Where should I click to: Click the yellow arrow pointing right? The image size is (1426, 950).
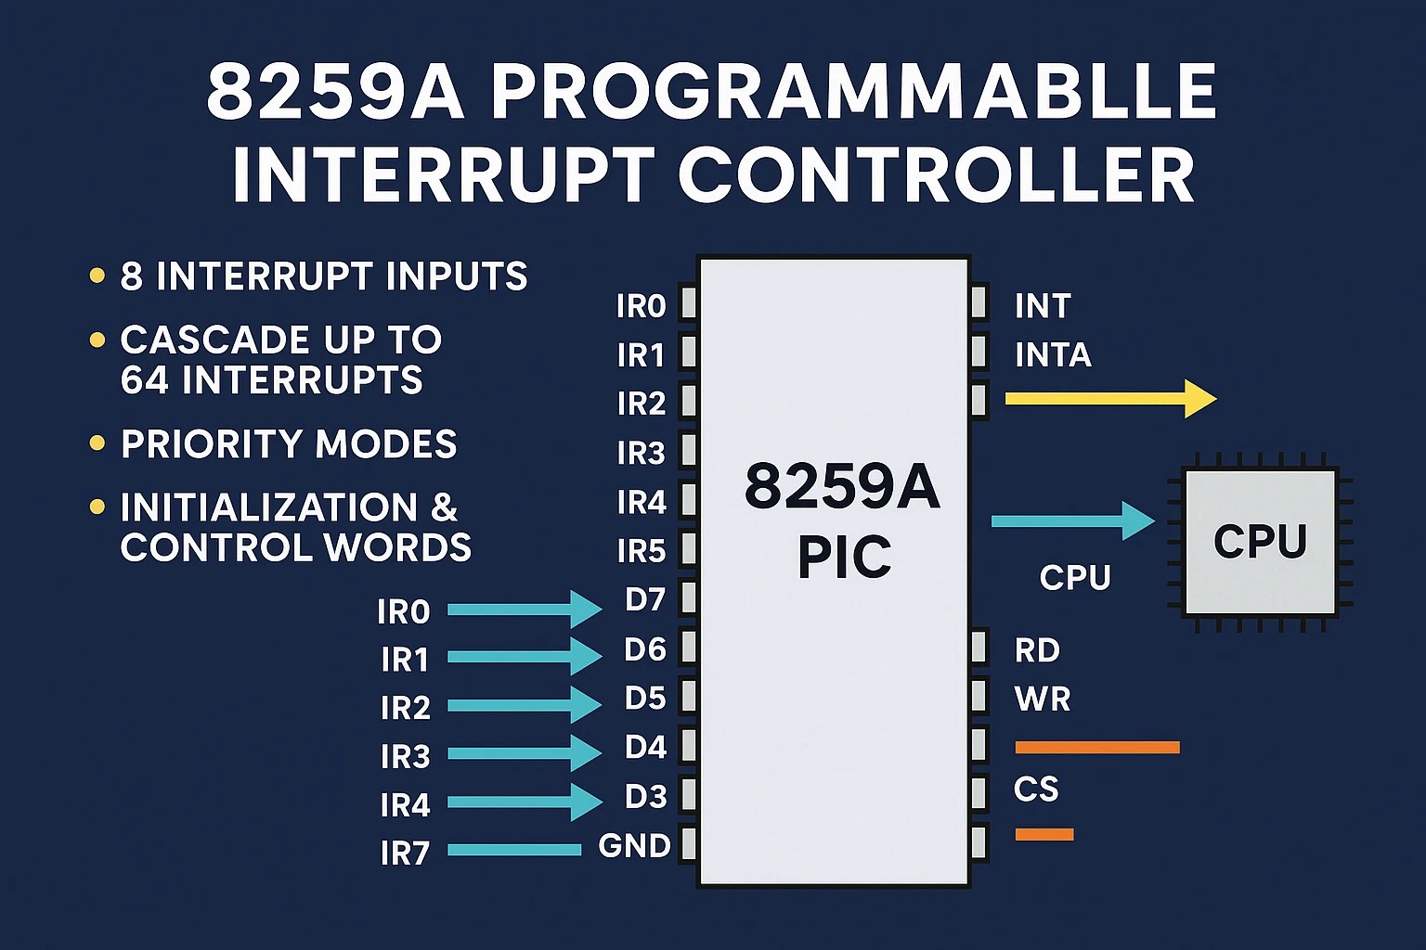pyautogui.click(x=1110, y=399)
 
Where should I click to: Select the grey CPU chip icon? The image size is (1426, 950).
pyautogui.click(x=1260, y=542)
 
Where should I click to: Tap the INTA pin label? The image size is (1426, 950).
pyautogui.click(x=1053, y=355)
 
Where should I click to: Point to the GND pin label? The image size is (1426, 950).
pyautogui.click(x=635, y=846)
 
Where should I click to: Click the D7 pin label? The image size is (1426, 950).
pyautogui.click(x=645, y=600)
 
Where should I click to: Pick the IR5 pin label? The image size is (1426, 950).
pyautogui.click(x=642, y=552)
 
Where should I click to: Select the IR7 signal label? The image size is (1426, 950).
pyautogui.click(x=405, y=854)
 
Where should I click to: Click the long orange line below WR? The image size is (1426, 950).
pyautogui.click(x=1097, y=748)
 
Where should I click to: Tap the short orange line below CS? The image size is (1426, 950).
pyautogui.click(x=1044, y=835)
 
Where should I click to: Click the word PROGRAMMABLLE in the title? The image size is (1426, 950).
pyautogui.click(x=853, y=93)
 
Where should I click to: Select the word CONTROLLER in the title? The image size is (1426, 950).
pyautogui.click(x=937, y=175)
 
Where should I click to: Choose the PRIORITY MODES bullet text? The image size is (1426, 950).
pyautogui.click(x=289, y=444)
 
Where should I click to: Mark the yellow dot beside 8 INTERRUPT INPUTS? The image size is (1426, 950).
pyautogui.click(x=97, y=276)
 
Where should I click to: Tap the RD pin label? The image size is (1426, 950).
pyautogui.click(x=1037, y=651)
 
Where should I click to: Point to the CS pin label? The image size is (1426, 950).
pyautogui.click(x=1036, y=790)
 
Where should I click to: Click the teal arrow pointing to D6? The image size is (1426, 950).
pyautogui.click(x=525, y=657)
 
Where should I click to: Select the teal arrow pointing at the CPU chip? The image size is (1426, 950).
pyautogui.click(x=1072, y=521)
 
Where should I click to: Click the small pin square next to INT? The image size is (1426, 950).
pyautogui.click(x=979, y=303)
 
